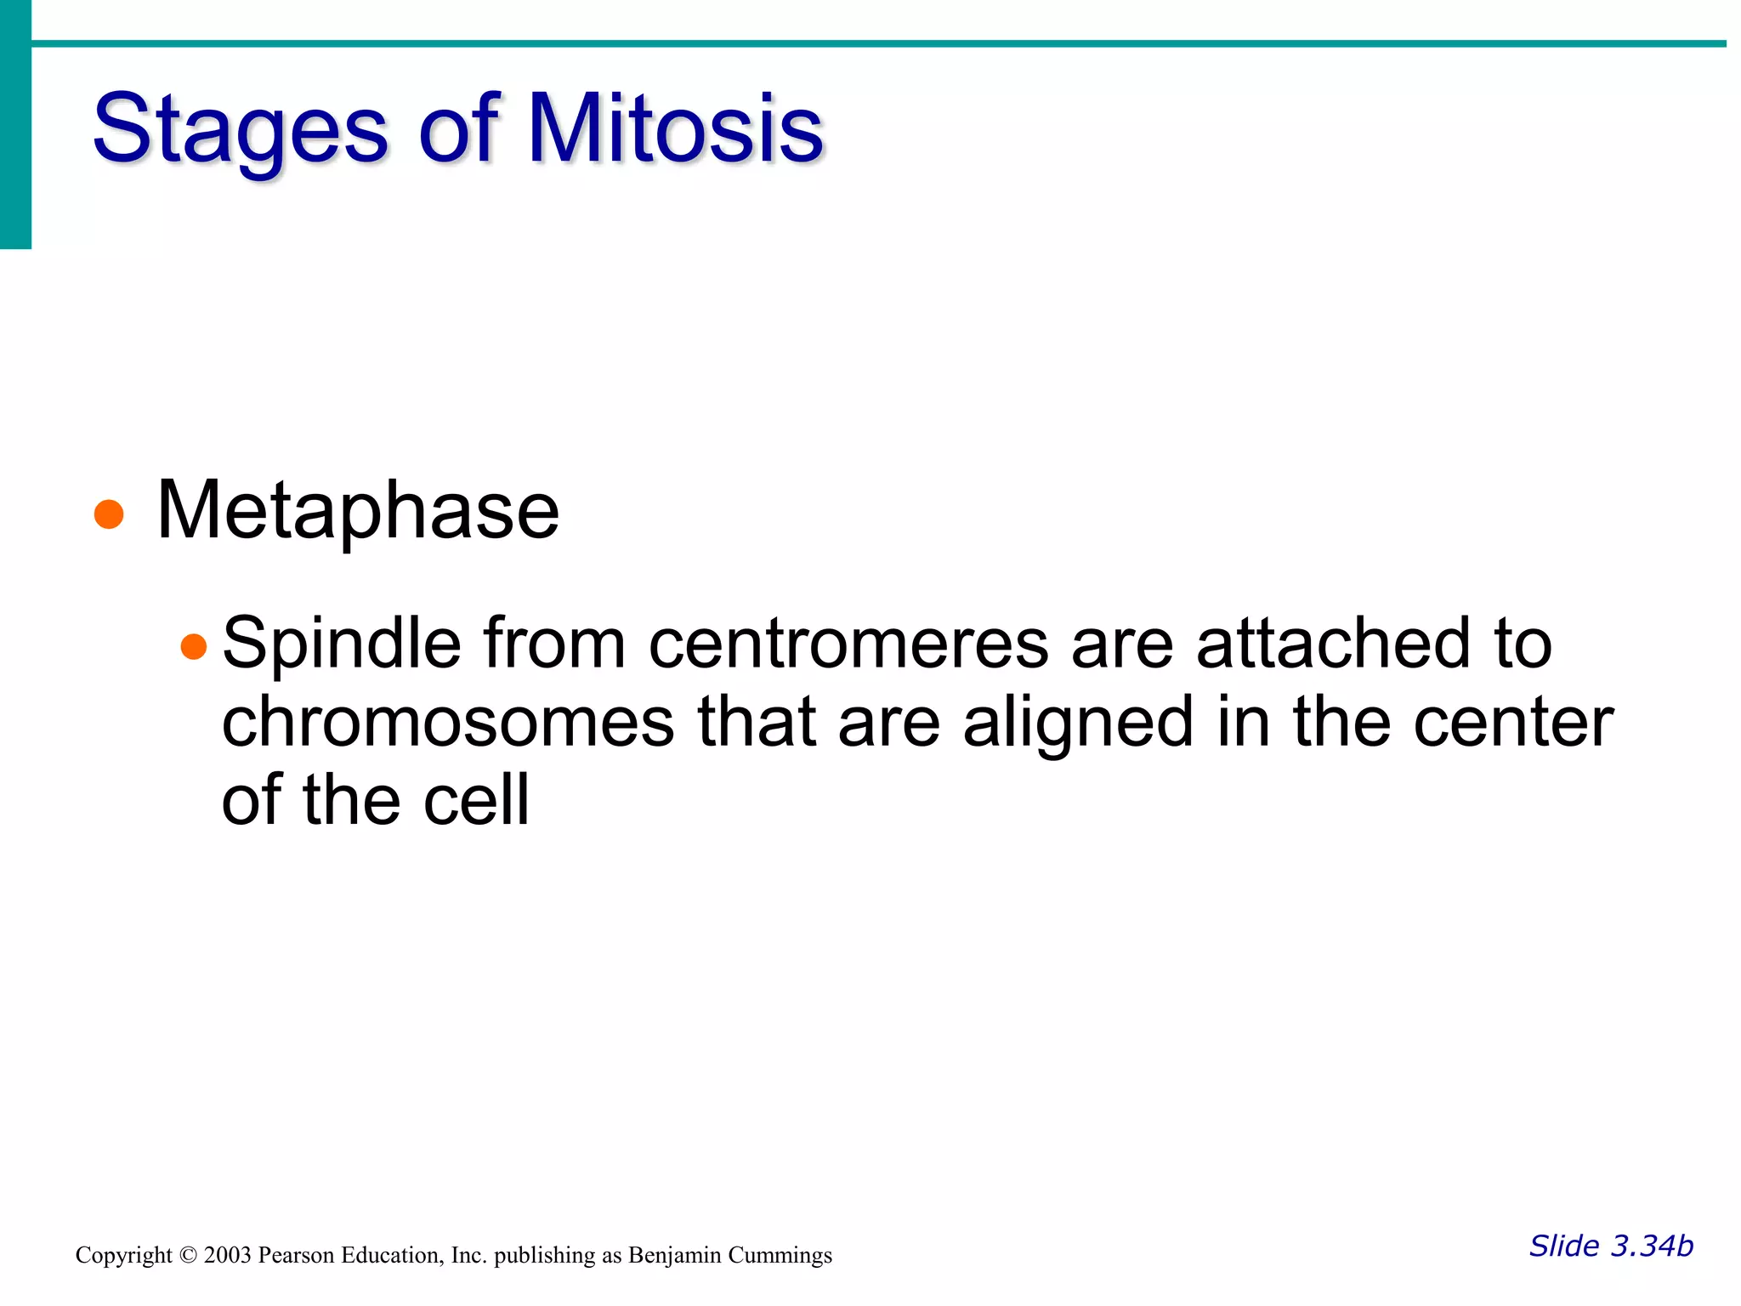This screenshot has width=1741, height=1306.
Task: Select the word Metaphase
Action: click(x=358, y=510)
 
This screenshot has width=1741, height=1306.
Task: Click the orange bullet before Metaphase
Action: click(x=109, y=514)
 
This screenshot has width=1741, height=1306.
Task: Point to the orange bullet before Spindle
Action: click(x=194, y=647)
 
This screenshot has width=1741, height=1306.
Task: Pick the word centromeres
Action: click(x=848, y=644)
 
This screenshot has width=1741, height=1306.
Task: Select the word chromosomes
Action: click(x=448, y=722)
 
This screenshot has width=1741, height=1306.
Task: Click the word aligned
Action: click(x=1079, y=722)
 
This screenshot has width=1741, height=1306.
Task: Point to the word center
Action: click(x=1513, y=722)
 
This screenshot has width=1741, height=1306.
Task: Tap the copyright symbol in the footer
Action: click(x=188, y=1256)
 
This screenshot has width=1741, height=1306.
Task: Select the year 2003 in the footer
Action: click(x=227, y=1256)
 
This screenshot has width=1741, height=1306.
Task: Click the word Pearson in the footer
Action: click(x=296, y=1256)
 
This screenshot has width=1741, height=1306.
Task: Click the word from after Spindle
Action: click(x=554, y=644)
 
